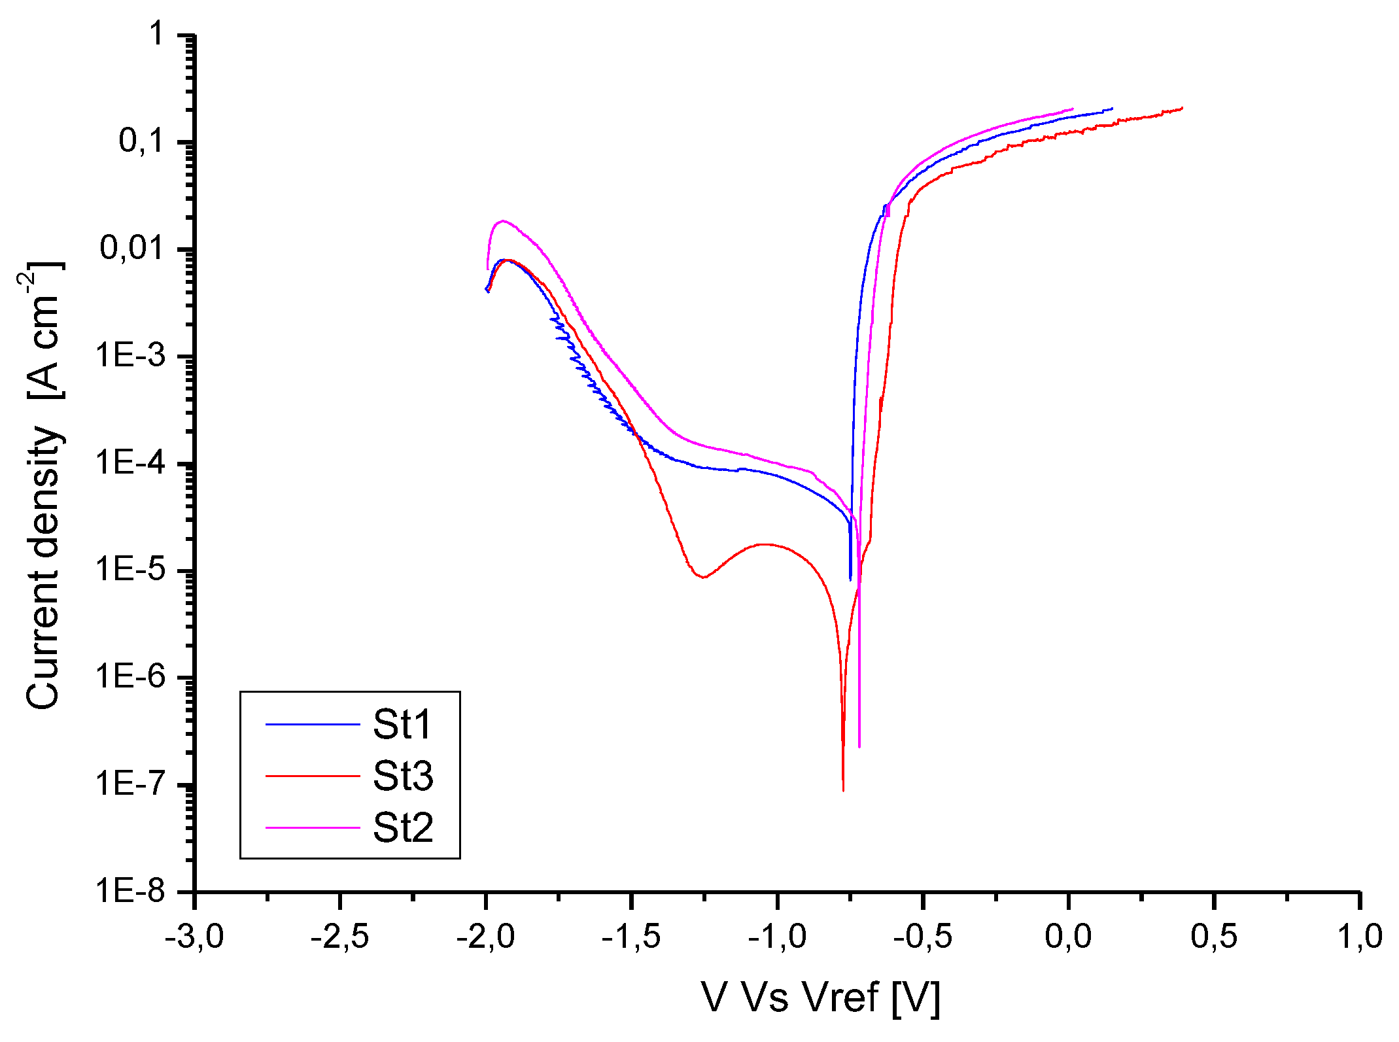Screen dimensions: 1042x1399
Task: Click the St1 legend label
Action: click(x=402, y=725)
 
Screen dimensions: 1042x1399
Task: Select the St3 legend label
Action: click(x=403, y=776)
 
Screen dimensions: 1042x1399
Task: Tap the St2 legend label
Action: click(x=403, y=828)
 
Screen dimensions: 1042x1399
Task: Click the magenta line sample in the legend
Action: click(x=313, y=828)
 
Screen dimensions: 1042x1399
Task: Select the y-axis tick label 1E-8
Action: click(x=131, y=891)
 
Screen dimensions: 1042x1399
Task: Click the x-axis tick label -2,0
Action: click(x=485, y=937)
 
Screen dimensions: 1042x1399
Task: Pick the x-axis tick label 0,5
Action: click(x=1214, y=937)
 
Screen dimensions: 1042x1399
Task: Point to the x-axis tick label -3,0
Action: click(x=194, y=937)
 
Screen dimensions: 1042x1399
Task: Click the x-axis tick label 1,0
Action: click(x=1360, y=937)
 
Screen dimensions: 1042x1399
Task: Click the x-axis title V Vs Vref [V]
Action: click(x=821, y=998)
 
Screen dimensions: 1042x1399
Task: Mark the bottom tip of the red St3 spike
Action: click(x=843, y=790)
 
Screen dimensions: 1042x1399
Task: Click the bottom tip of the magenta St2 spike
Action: click(x=859, y=746)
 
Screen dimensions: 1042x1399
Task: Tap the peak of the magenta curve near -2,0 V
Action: click(x=502, y=221)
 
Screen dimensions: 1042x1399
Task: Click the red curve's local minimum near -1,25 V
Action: click(x=703, y=578)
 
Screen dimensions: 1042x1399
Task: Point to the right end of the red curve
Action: click(x=1182, y=108)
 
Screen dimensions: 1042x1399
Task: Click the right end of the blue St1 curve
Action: click(x=1112, y=109)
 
